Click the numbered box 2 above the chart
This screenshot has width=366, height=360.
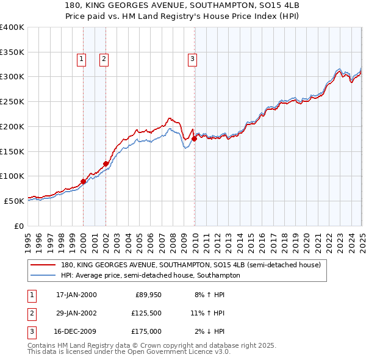[104, 59]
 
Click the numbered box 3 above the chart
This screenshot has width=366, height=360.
[192, 59]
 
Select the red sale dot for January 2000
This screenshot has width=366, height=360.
[84, 181]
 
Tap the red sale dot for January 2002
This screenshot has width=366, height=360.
[106, 164]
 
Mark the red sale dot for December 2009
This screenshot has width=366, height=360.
[194, 139]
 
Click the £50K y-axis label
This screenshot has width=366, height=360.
[15, 201]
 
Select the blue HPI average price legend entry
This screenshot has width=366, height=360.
[150, 275]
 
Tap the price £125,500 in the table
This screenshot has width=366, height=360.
[146, 313]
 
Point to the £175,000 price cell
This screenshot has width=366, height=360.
[146, 331]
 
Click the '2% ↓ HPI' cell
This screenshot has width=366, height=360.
[209, 331]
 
